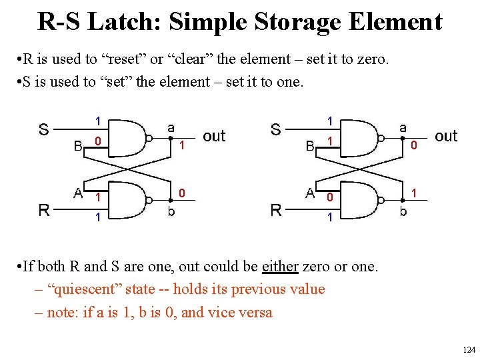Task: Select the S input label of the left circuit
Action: click(43, 129)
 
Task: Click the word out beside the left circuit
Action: click(213, 137)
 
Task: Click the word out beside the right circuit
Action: click(446, 137)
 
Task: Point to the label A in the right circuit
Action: click(310, 193)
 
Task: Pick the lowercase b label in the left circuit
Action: click(171, 213)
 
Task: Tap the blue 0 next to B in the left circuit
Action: click(97, 141)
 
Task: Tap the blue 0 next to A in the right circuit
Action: click(329, 198)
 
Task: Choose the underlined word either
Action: click(279, 267)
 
